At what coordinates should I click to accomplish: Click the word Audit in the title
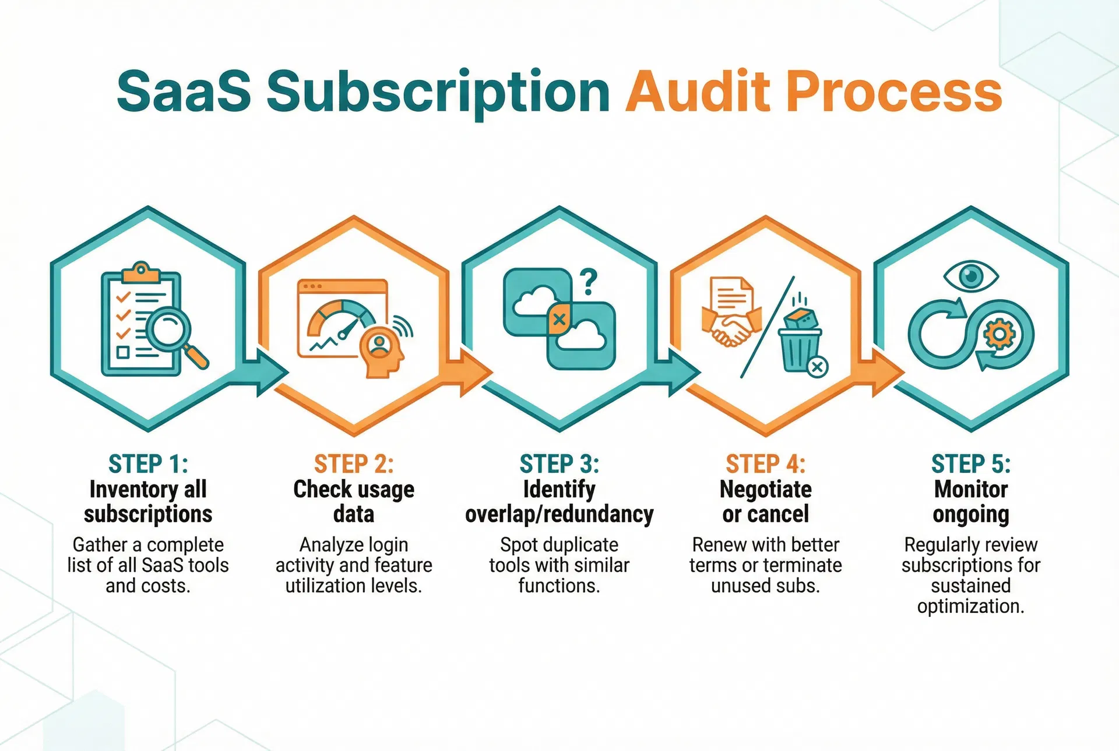click(x=699, y=92)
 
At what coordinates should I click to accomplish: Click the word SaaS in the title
click(x=184, y=92)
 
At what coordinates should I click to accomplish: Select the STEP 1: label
click(x=148, y=464)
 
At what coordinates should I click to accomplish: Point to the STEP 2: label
click(x=354, y=464)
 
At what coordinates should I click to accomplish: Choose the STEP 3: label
click(x=559, y=464)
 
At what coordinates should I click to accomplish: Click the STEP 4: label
click(x=765, y=464)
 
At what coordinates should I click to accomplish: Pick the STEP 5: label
click(x=971, y=464)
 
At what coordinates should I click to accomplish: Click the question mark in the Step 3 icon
click(x=589, y=282)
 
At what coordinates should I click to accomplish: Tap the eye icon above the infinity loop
click(x=971, y=276)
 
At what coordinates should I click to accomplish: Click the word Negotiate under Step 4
click(x=765, y=489)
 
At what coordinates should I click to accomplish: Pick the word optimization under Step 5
click(x=971, y=606)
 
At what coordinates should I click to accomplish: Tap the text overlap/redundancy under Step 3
click(x=559, y=514)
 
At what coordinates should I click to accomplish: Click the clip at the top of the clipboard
click(x=140, y=270)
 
